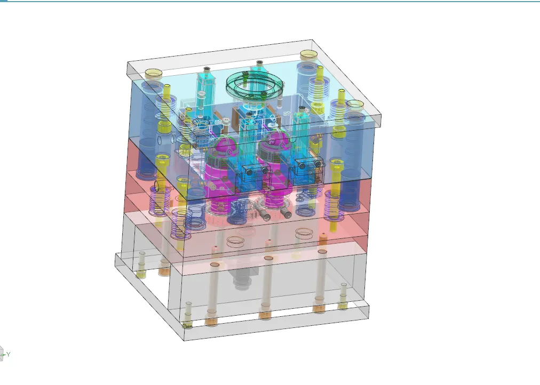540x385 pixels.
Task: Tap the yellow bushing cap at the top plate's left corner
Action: [x=154, y=74]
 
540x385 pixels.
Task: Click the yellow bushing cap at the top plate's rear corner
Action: [x=308, y=55]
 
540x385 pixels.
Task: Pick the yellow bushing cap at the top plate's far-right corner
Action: [x=355, y=105]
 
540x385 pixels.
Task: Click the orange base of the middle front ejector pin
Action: [x=265, y=313]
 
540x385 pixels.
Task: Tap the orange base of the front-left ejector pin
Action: [x=211, y=320]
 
